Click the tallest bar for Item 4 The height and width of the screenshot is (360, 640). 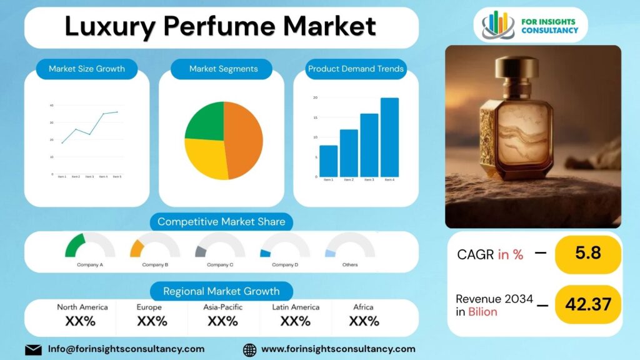pos(389,137)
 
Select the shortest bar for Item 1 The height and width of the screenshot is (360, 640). pos(328,161)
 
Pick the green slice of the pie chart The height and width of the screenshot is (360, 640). pos(205,122)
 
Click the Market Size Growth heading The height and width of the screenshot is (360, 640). pos(87,69)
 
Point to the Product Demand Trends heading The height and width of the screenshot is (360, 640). pos(356,69)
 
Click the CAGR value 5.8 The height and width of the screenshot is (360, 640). pos(587,253)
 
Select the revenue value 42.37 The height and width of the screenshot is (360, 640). pos(587,304)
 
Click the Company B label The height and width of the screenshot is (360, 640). pos(155,265)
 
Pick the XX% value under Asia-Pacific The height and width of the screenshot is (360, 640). pos(223,321)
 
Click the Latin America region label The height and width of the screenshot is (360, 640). pos(296,307)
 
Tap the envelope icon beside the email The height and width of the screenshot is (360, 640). pos(33,349)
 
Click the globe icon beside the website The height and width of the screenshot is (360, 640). pos(249,349)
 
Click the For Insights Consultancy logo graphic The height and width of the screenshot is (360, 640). pos(498,24)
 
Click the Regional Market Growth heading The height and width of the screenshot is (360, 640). pos(221,291)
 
